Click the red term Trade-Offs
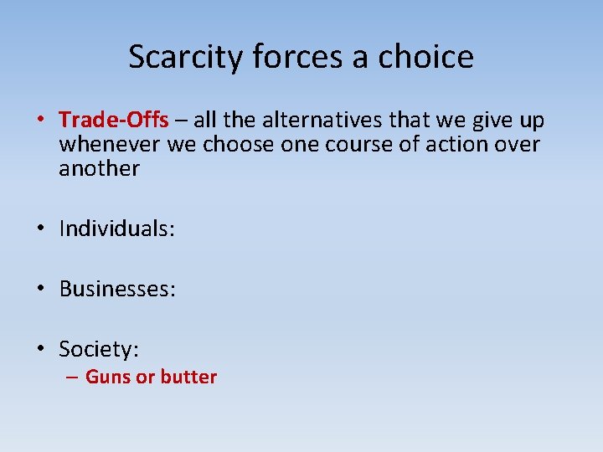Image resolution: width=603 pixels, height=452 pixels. point(114,121)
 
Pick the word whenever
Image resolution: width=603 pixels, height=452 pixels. point(110,144)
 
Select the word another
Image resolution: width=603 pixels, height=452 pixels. point(99,168)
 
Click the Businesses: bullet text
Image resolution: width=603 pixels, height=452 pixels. point(117,290)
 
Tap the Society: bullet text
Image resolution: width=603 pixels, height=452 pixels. point(99,348)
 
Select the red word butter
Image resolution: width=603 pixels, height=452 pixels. point(188,378)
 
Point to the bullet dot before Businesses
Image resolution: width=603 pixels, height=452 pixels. point(41,290)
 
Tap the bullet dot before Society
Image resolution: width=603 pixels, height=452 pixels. point(41,348)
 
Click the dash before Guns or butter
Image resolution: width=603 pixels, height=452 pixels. point(73,378)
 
